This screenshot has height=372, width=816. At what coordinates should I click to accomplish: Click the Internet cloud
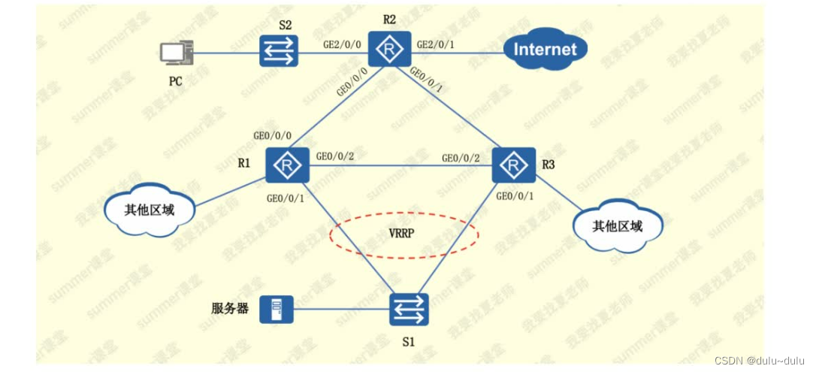[x=545, y=50]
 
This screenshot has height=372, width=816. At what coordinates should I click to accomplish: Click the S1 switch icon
[x=410, y=307]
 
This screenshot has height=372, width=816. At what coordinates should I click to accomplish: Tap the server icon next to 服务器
[x=276, y=309]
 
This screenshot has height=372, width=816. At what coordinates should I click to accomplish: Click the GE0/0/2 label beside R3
[x=460, y=158]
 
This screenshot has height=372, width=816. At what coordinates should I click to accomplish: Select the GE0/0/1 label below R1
[x=286, y=199]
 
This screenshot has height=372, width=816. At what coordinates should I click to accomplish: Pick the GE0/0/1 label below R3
[x=515, y=196]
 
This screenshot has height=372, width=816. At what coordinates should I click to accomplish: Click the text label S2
[x=285, y=25]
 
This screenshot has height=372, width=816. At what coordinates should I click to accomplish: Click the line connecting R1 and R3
[x=398, y=166]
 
